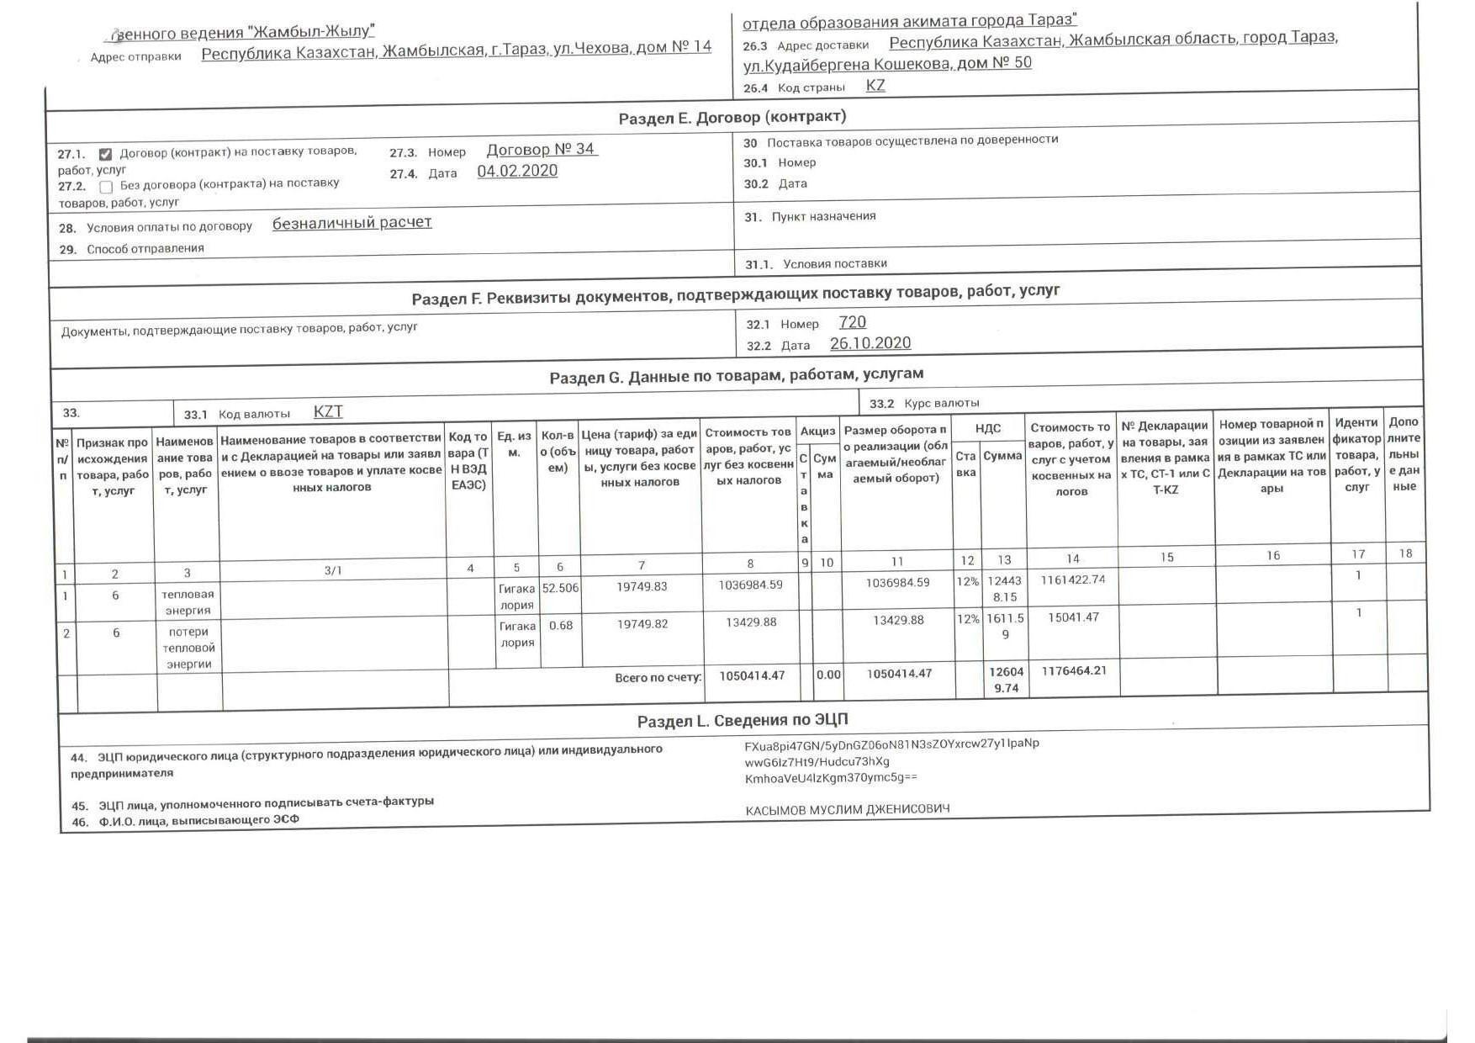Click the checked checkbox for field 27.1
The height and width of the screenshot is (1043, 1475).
click(105, 154)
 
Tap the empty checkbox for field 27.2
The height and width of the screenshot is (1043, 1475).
click(106, 187)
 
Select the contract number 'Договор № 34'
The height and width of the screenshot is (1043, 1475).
click(542, 150)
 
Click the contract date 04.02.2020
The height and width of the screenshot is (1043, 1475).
click(517, 171)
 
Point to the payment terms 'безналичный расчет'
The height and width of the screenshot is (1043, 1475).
click(352, 223)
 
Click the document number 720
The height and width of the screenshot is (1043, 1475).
click(852, 322)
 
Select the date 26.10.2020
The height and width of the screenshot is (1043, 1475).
click(870, 343)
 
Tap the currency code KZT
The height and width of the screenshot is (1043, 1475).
click(328, 411)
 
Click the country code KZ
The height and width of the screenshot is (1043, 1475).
click(875, 86)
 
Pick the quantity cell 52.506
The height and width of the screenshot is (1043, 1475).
click(560, 588)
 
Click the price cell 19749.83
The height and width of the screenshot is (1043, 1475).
click(642, 586)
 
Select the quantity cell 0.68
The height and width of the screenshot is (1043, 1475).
click(560, 626)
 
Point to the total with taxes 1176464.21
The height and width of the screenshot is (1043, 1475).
click(1074, 671)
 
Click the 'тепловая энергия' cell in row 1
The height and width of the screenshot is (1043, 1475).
click(188, 602)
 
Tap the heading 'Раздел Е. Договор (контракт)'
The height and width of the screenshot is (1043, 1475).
click(732, 117)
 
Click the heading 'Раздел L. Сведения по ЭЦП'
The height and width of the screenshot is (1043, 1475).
click(743, 720)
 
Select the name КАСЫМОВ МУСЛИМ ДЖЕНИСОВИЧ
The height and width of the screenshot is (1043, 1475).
click(847, 809)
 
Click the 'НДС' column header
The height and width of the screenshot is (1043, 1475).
click(987, 428)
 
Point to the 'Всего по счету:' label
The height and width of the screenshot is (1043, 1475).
click(658, 677)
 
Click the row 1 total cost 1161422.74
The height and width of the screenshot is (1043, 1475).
click(1072, 580)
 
